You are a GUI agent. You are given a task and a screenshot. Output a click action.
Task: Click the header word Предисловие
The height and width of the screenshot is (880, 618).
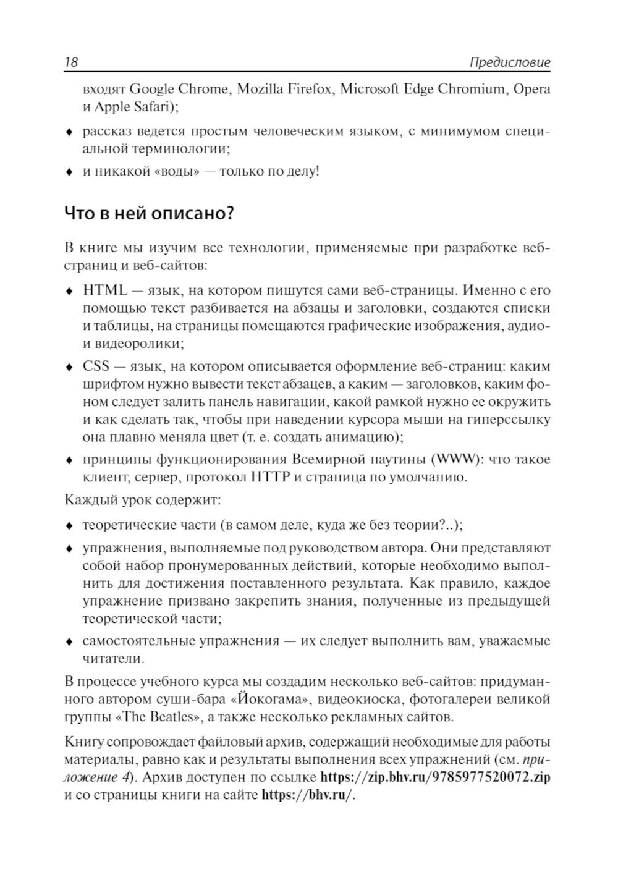tap(509, 63)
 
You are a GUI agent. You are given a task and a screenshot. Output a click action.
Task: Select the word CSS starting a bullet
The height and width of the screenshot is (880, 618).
tap(96, 366)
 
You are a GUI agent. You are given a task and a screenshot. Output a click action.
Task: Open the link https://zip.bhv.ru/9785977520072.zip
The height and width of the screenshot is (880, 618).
tap(435, 777)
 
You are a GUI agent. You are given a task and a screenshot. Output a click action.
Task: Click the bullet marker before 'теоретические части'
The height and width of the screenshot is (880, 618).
tap(70, 526)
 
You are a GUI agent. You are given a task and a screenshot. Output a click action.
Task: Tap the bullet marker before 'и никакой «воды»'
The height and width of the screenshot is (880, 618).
tap(70, 172)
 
